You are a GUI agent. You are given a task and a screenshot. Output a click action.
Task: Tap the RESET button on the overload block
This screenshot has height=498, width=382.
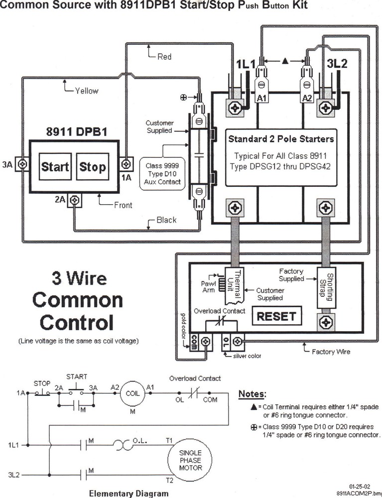pos(276,316)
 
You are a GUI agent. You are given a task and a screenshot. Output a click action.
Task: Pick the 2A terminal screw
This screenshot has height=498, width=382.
pos(75,200)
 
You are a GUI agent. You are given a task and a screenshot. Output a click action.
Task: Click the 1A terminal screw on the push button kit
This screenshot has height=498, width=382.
pos(127,163)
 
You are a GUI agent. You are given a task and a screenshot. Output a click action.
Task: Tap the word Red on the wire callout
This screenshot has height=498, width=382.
pos(164,57)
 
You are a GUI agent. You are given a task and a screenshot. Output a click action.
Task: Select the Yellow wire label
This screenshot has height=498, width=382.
pos(87,91)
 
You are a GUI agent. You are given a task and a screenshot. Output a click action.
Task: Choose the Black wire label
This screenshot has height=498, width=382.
pos(166,220)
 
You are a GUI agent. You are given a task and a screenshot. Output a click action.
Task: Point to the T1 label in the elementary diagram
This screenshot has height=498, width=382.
pos(169,440)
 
